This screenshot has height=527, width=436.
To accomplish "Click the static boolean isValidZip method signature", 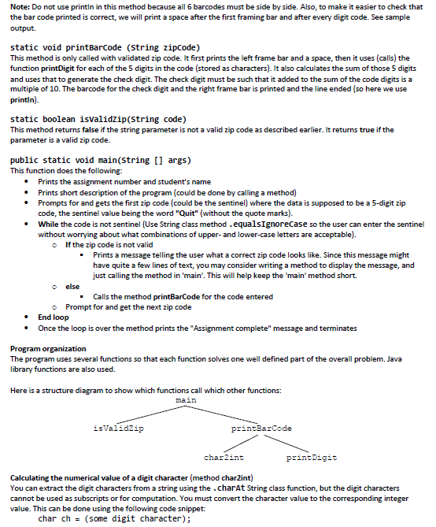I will click(97, 120).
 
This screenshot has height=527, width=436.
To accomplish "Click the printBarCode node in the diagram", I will click(260, 429).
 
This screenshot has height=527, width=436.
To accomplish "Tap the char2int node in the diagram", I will click(224, 458).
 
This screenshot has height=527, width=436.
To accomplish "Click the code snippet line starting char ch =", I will click(114, 519).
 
